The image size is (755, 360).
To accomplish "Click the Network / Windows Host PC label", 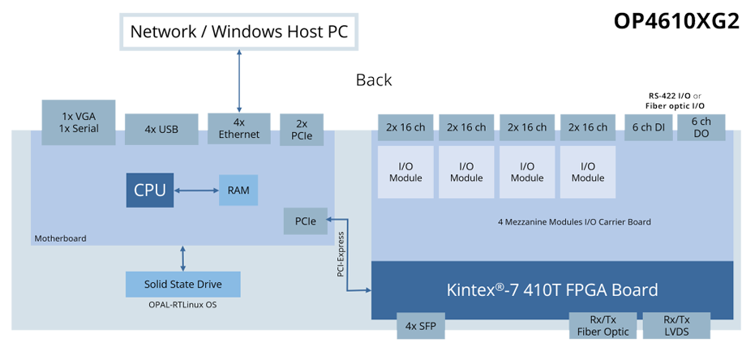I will click(x=238, y=32).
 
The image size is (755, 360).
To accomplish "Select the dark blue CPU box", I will click(x=150, y=191).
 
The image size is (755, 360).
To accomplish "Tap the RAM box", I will click(x=238, y=191).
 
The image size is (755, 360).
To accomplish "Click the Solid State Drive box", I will click(x=183, y=285).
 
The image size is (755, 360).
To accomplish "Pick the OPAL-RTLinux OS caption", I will click(x=182, y=305).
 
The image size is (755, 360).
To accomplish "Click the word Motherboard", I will click(x=60, y=238).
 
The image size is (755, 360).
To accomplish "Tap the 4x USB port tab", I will click(x=161, y=128).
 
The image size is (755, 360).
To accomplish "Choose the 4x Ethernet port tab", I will click(x=238, y=129).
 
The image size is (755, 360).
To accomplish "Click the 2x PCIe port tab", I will click(x=302, y=131).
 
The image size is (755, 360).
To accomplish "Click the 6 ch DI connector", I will click(x=648, y=127).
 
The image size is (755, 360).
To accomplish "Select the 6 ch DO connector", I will click(x=701, y=127).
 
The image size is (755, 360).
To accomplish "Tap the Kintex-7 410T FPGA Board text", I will click(x=551, y=289).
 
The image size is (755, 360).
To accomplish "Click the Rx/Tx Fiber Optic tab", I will click(x=603, y=326).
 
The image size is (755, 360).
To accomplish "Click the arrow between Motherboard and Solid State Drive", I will click(x=183, y=259).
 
